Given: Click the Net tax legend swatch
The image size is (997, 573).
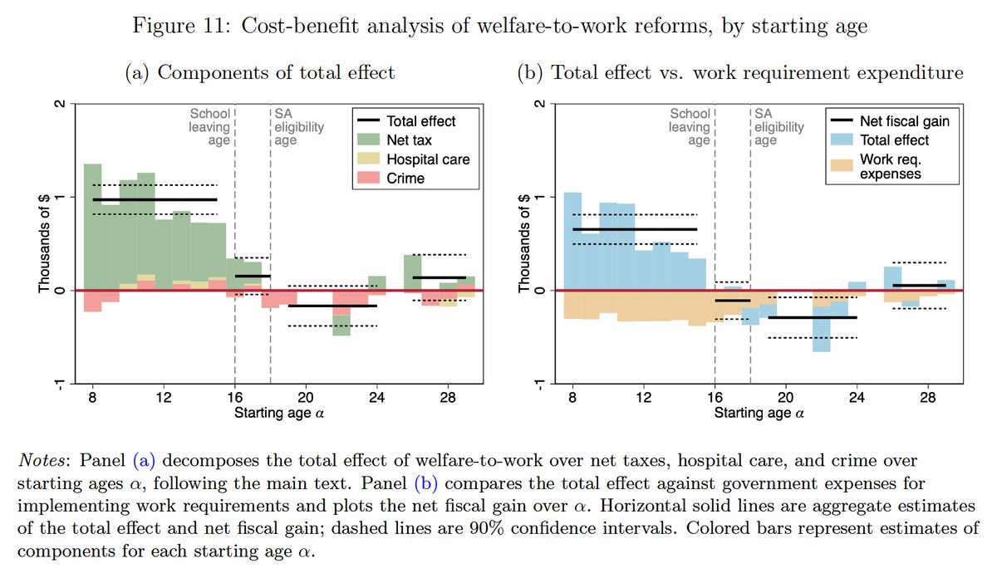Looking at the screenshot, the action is [x=368, y=140].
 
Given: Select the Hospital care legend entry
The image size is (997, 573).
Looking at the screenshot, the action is [x=414, y=159].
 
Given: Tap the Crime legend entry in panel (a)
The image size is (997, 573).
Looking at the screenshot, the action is [x=390, y=178].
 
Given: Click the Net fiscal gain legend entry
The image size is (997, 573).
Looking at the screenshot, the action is [x=890, y=120].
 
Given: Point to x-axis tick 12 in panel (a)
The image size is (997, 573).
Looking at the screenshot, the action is [x=164, y=397].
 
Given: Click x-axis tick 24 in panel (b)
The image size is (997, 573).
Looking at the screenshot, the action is [x=857, y=397].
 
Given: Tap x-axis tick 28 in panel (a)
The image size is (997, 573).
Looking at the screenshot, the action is [x=448, y=397].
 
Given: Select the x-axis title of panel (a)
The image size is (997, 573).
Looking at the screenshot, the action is [x=279, y=413].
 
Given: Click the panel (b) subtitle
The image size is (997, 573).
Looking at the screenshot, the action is [x=740, y=72].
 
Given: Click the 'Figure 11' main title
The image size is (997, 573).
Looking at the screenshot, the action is [x=500, y=26].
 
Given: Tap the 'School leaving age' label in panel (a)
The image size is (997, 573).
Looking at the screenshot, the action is [x=209, y=127].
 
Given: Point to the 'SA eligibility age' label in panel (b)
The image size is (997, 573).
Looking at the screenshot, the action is [x=779, y=127].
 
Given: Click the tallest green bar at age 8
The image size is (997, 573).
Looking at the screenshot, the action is [x=92, y=227].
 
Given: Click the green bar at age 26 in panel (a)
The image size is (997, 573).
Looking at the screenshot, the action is [x=413, y=272].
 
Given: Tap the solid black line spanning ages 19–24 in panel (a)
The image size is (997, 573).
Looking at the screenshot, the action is [x=332, y=306].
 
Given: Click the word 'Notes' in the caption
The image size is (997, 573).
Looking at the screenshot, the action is [x=41, y=460].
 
